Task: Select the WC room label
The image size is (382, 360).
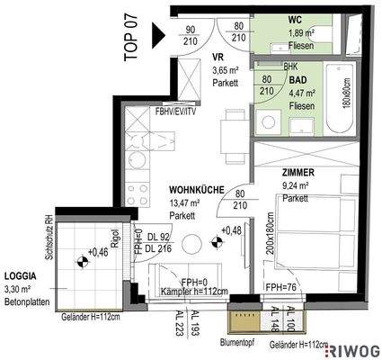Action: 295,19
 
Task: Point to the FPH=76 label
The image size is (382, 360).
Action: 281,288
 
